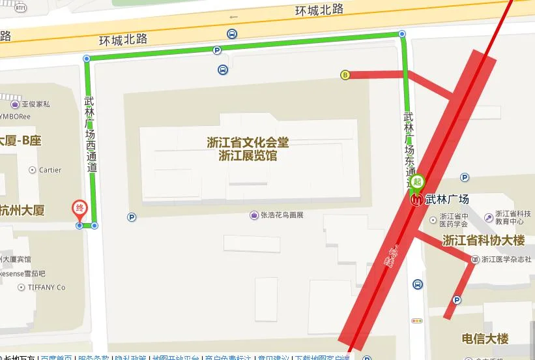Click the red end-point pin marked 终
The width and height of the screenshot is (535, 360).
pos(79,210)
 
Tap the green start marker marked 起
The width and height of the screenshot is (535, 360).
pos(418,182)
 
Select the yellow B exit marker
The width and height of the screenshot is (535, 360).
pos(345,75)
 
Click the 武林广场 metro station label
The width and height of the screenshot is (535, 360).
pos(447,200)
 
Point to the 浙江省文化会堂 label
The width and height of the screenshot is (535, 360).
pos(248,142)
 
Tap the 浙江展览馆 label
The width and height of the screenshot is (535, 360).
pos(248,156)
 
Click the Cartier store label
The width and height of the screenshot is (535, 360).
pos(50,170)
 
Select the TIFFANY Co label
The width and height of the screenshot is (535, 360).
pos(46,287)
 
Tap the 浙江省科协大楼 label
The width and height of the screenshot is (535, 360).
pos(484,241)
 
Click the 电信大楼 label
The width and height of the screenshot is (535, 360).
pos(485,338)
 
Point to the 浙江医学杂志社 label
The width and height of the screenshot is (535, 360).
pos(506,260)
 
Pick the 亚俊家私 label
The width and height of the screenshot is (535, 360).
pos(35,104)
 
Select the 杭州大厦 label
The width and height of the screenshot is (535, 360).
pos(22,210)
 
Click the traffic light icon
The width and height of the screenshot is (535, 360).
pos(417,320)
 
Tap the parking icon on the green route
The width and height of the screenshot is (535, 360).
pos(217,50)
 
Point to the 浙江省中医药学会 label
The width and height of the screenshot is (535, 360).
pos(454,221)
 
